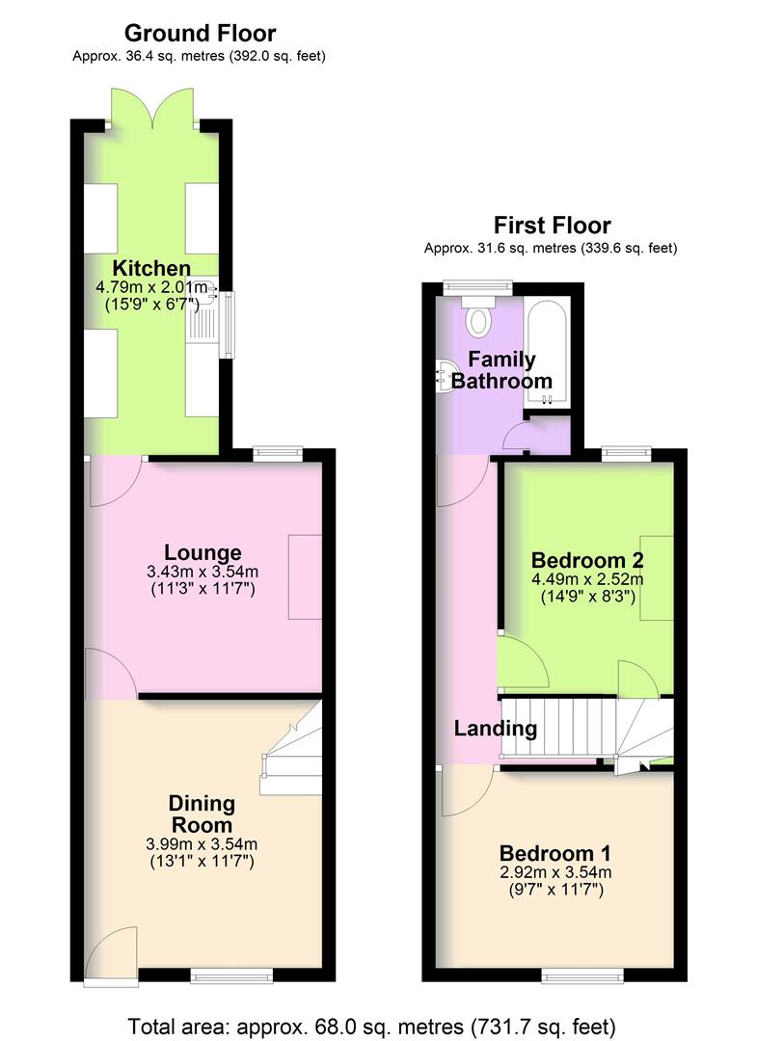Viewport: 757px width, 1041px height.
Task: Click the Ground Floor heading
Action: pyautogui.click(x=200, y=35)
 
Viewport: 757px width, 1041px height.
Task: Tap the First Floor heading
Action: pyautogui.click(x=552, y=226)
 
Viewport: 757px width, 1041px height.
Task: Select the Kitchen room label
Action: pyautogui.click(x=151, y=268)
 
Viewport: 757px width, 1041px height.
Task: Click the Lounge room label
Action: pyautogui.click(x=202, y=552)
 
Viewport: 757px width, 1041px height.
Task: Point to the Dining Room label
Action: pyautogui.click(x=201, y=814)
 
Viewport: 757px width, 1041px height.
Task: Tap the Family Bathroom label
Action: pyautogui.click(x=501, y=370)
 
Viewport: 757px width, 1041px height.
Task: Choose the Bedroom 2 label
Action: pyautogui.click(x=587, y=560)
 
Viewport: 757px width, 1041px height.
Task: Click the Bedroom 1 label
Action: pyautogui.click(x=554, y=853)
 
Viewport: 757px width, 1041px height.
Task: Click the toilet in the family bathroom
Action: pyautogui.click(x=478, y=315)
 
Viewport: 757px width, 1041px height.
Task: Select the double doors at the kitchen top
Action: pyautogui.click(x=153, y=108)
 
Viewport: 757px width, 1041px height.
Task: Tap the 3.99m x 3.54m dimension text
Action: pyautogui.click(x=201, y=845)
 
